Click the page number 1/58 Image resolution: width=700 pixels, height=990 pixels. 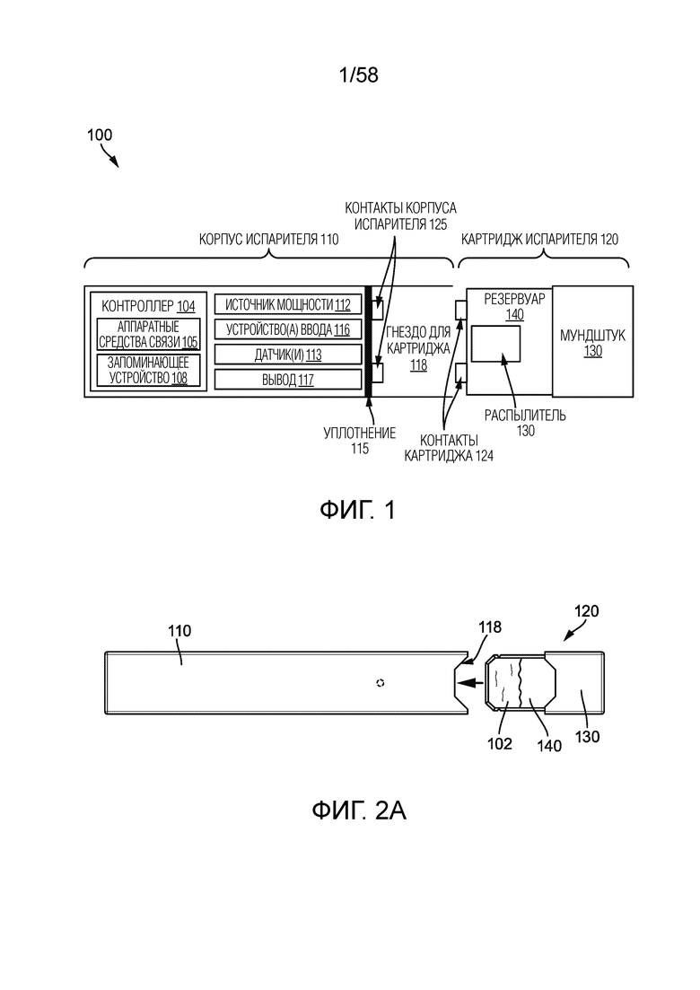(x=358, y=75)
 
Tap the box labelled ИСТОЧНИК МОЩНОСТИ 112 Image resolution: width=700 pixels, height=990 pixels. (x=288, y=304)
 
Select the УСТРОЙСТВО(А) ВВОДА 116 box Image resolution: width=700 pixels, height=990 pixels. (x=288, y=329)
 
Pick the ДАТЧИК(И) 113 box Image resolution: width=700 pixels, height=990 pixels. (x=288, y=355)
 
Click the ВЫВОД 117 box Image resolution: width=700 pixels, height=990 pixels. (x=288, y=380)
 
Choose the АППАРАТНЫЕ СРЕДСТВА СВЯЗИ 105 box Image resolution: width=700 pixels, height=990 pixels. (x=148, y=334)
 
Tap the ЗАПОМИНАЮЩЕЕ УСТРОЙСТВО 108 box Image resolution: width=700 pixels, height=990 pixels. (x=148, y=371)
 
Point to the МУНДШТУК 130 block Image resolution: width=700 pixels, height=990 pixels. (x=592, y=342)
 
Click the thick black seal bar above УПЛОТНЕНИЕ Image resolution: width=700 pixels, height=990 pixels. (x=368, y=342)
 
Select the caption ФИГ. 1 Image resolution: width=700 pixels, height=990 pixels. (x=357, y=510)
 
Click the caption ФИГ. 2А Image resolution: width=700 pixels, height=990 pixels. (x=358, y=810)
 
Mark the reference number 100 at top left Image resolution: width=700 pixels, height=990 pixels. (x=99, y=135)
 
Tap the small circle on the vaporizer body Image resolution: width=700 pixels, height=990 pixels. (x=380, y=682)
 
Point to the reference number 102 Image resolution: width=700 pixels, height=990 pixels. (x=499, y=744)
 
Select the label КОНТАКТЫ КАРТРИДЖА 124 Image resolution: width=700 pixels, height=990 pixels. (x=449, y=448)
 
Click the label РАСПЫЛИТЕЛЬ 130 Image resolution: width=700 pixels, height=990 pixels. (x=525, y=423)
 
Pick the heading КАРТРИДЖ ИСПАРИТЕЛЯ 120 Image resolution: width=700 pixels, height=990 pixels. (x=539, y=240)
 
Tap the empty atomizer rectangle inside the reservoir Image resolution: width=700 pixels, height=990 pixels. (x=496, y=344)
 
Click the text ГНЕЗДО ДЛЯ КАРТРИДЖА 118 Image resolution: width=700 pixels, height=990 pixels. (x=418, y=348)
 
